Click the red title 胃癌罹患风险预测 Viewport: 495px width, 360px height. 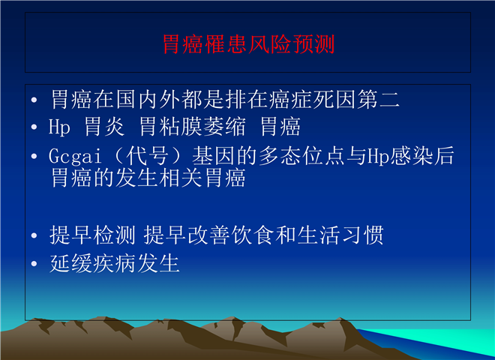pyautogui.click(x=248, y=44)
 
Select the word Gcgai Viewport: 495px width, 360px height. pyautogui.click(x=75, y=156)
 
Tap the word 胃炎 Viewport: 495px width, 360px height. pyautogui.click(x=104, y=127)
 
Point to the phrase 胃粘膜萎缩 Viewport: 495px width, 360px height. pyautogui.click(x=193, y=127)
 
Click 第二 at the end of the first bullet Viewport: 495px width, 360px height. pyautogui.click(x=379, y=100)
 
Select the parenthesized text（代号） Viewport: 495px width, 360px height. pyautogui.click(x=148, y=156)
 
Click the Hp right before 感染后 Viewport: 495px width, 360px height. pyautogui.click(x=378, y=156)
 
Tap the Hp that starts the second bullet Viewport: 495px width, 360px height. pyautogui.click(x=59, y=127)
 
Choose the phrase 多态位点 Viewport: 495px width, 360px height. pyautogui.click(x=301, y=156)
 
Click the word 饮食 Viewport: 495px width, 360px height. pyautogui.click(x=253, y=235)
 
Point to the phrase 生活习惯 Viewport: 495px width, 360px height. pyautogui.click(x=340, y=235)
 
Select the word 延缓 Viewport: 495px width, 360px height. pyautogui.click(x=70, y=263)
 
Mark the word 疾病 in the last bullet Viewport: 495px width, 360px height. pyautogui.click(x=114, y=263)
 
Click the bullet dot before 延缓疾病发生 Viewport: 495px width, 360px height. pyautogui.click(x=34, y=264)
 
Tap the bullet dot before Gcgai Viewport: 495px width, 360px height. pyautogui.click(x=34, y=156)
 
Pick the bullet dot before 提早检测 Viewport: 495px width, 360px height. pyautogui.click(x=34, y=235)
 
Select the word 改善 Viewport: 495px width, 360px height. pyautogui.click(x=209, y=235)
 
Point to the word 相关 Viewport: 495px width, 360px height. pyautogui.click(x=181, y=178)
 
